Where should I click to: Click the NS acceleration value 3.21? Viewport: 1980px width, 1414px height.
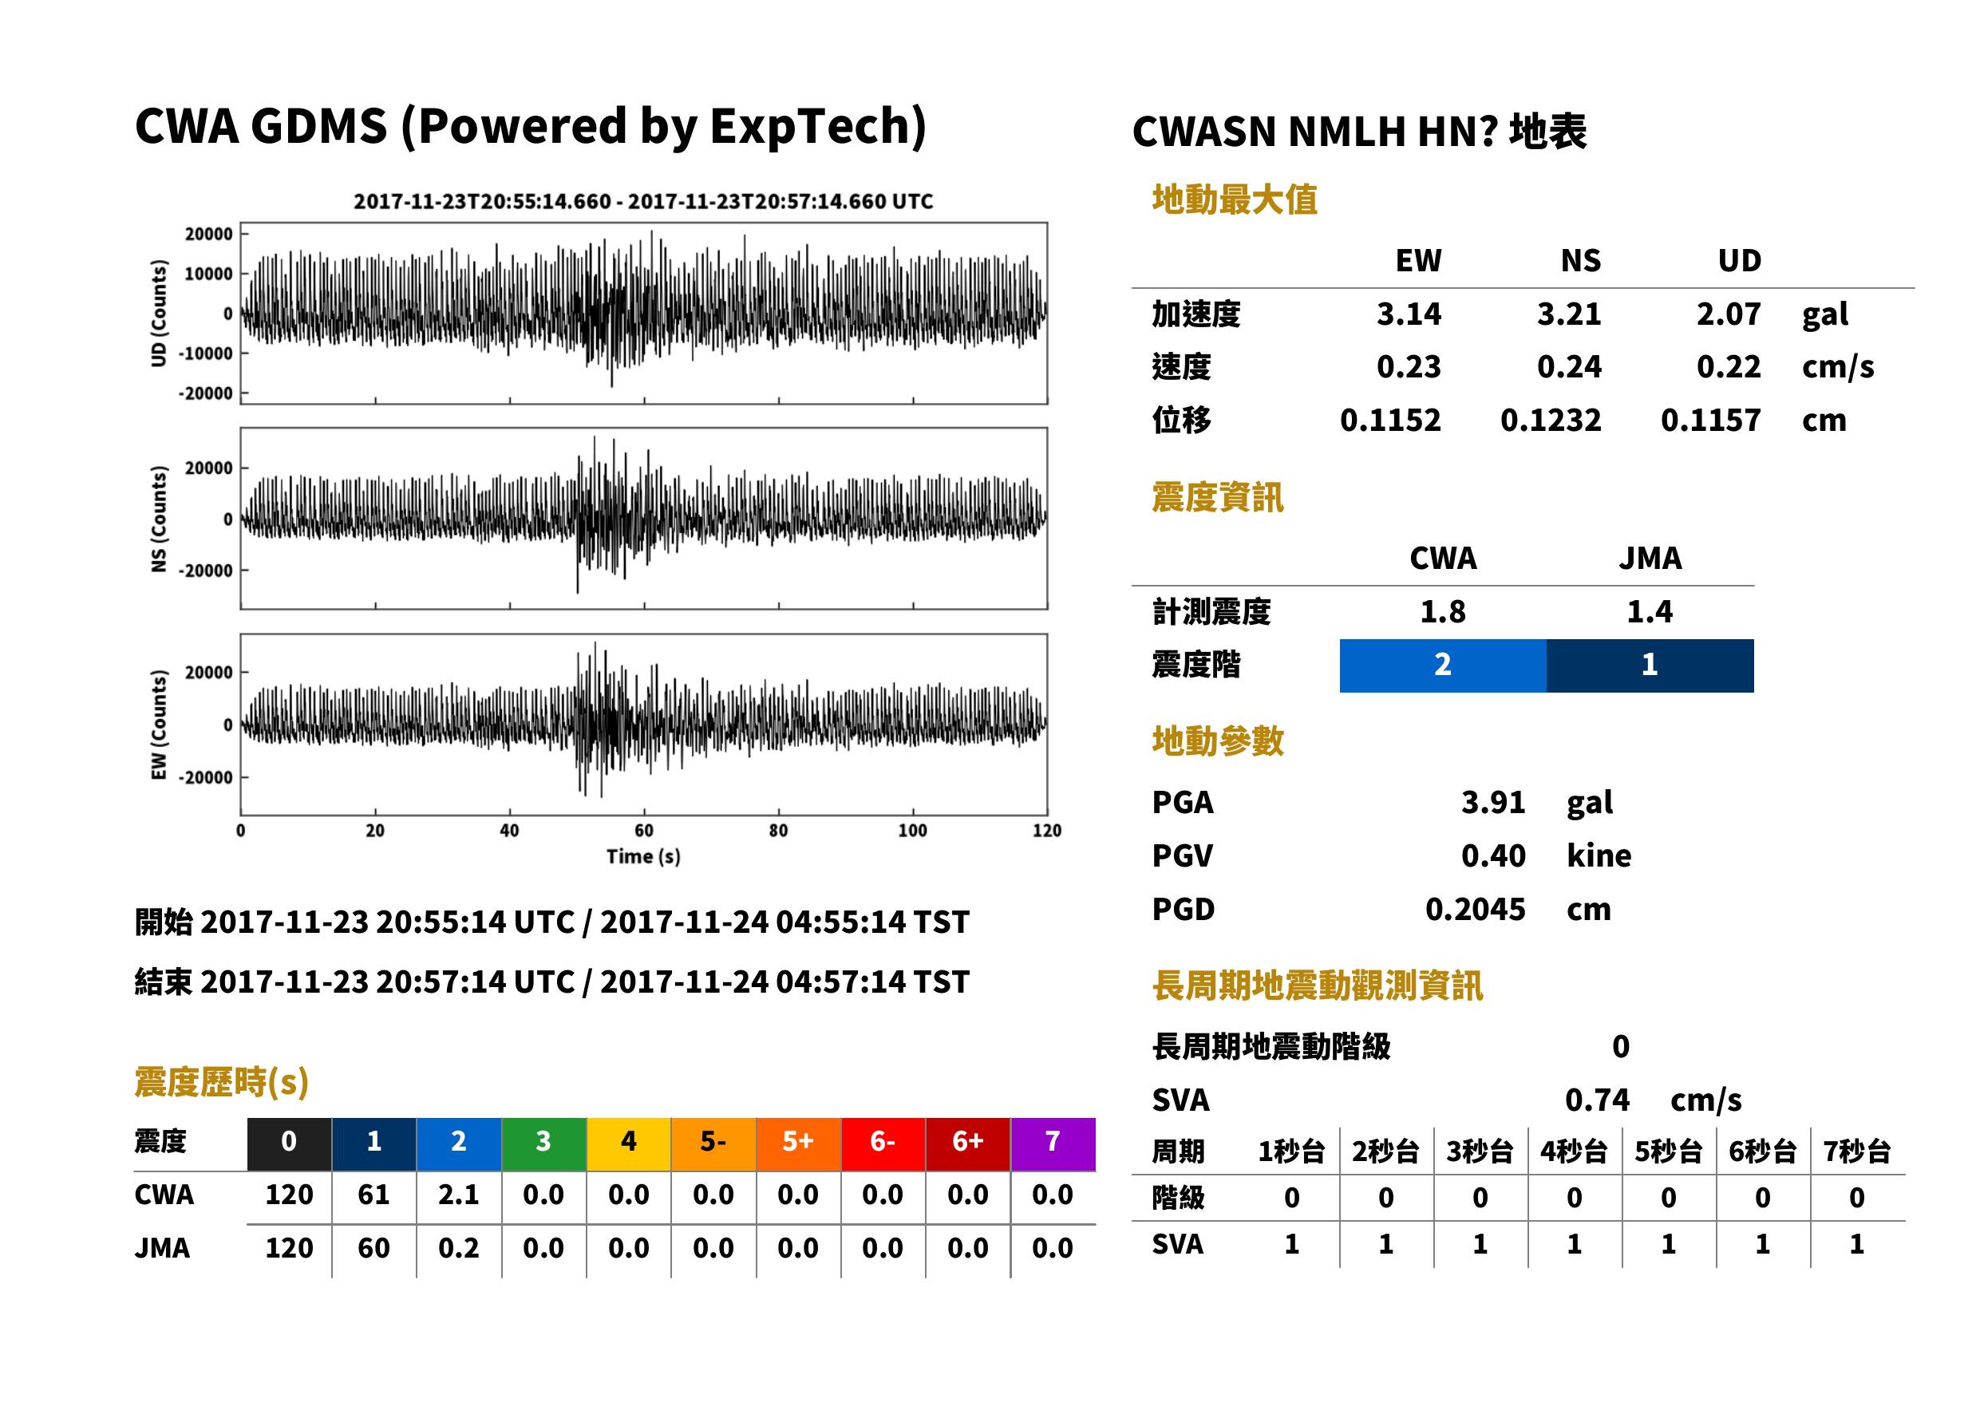click(x=1568, y=314)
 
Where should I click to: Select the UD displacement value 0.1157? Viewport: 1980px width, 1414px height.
click(x=1710, y=420)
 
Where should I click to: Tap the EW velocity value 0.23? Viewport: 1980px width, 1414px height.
click(x=1408, y=366)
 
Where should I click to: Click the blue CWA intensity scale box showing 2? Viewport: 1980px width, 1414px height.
click(x=1443, y=666)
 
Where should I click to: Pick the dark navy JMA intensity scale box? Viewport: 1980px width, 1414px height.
click(x=1650, y=666)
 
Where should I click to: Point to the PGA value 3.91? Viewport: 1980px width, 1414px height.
click(x=1492, y=802)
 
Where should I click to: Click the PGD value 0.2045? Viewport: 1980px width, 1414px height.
click(x=1475, y=909)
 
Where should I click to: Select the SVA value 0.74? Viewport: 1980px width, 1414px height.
click(x=1597, y=1100)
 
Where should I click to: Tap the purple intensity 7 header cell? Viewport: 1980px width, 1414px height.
click(x=1053, y=1143)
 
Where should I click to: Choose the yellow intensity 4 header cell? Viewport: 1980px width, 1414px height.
click(x=629, y=1143)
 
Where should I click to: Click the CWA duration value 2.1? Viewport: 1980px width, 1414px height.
click(x=459, y=1195)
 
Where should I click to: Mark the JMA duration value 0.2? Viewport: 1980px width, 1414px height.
click(x=459, y=1248)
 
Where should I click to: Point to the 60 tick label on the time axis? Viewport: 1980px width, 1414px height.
click(x=643, y=831)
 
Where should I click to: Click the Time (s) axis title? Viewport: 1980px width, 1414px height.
click(x=643, y=857)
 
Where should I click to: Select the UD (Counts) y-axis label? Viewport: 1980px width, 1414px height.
click(x=159, y=314)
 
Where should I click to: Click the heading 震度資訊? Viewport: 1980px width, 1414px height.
click(x=1217, y=497)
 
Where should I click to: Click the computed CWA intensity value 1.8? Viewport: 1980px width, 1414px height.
click(x=1443, y=611)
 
